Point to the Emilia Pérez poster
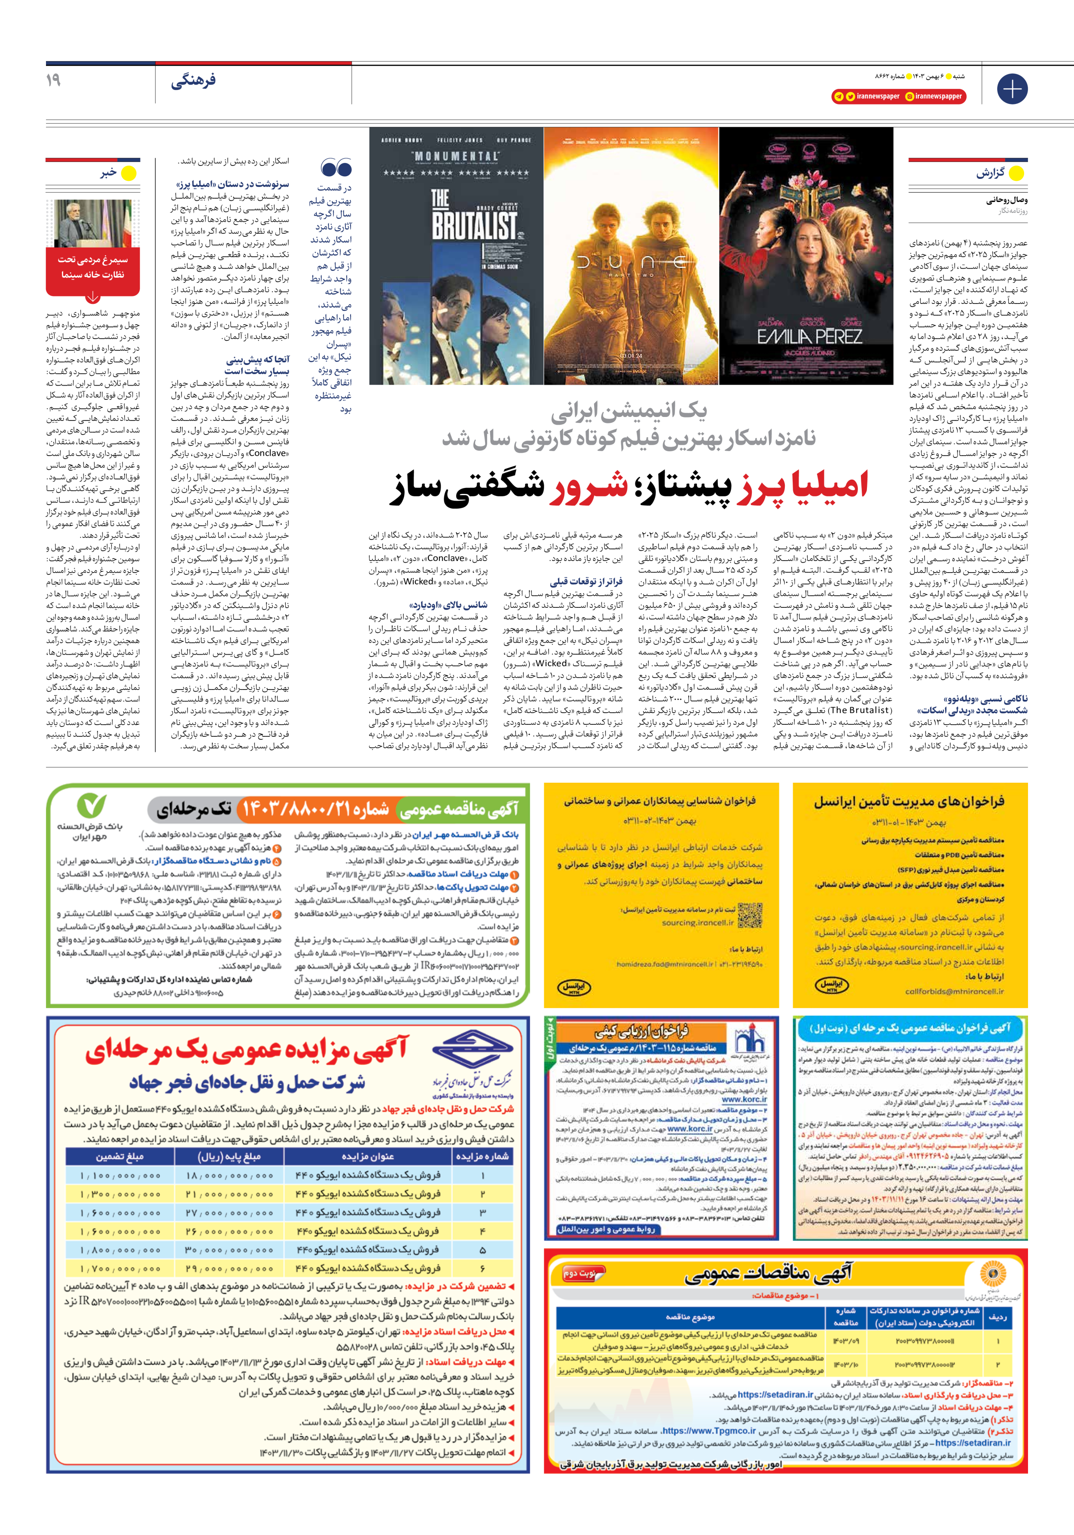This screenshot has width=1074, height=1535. tap(806, 256)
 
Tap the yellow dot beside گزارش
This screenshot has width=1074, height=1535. tap(1016, 173)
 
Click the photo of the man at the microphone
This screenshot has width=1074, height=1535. tap(93, 223)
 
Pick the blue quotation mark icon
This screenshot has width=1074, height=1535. tap(336, 167)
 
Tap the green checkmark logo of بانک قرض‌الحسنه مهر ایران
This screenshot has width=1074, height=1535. tap(91, 806)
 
